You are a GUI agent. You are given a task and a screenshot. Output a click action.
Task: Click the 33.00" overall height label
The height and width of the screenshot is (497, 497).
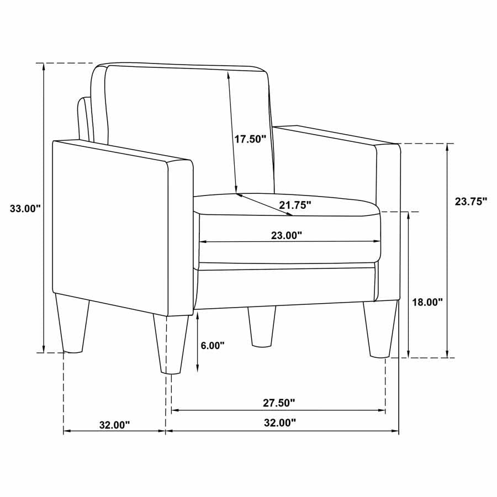click(x=25, y=208)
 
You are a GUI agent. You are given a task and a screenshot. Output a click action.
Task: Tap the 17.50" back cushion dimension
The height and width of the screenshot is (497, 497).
click(x=250, y=139)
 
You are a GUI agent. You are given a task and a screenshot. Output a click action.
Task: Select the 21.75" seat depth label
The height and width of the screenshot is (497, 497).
click(x=295, y=205)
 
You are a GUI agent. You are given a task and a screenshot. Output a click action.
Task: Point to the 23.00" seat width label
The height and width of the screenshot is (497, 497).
click(x=287, y=235)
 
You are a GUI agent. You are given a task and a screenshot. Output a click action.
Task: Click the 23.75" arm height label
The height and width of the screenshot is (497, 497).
click(x=471, y=202)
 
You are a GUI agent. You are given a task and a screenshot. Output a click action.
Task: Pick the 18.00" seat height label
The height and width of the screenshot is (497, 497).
click(x=428, y=302)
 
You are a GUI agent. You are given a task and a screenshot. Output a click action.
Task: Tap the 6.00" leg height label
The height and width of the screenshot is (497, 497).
click(x=213, y=346)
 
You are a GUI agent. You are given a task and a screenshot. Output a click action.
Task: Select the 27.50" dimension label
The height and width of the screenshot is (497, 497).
click(x=278, y=403)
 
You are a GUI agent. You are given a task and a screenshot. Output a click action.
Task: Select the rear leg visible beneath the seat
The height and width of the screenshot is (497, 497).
click(x=262, y=327)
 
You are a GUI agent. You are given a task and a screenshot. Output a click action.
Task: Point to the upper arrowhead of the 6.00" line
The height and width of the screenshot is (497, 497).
click(x=198, y=315)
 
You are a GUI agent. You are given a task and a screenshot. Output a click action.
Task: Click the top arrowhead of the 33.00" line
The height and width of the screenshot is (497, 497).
click(x=43, y=66)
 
